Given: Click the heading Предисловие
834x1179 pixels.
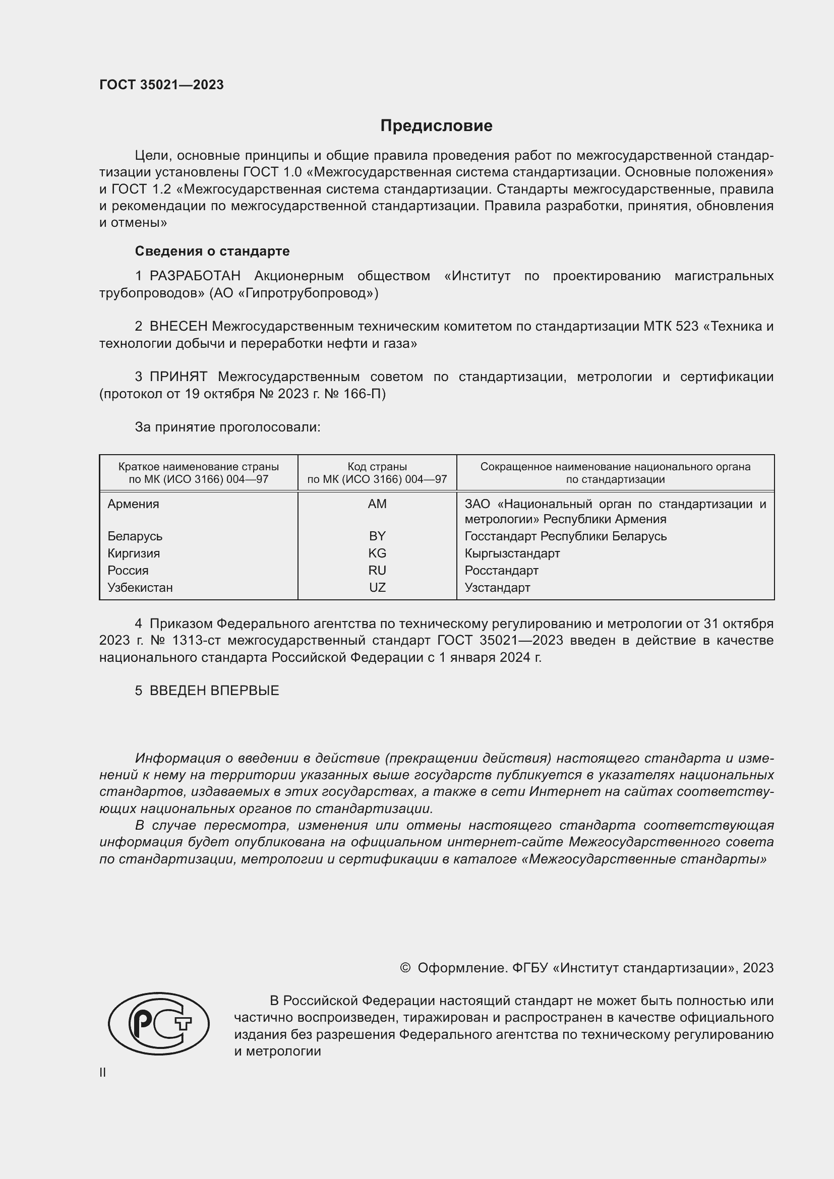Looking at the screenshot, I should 436,126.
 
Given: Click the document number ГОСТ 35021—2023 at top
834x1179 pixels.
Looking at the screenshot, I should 161,85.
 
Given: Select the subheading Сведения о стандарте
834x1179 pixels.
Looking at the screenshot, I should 212,251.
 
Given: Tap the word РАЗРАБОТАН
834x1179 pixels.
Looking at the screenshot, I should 195,276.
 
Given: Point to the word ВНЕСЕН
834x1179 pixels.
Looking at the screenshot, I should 178,327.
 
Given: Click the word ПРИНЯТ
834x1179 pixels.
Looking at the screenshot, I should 178,377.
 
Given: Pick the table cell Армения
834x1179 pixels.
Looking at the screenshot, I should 134,504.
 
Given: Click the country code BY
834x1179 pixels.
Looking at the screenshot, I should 377,536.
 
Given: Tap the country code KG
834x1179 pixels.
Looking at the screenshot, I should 377,553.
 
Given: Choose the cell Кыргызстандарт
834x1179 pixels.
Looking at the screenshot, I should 512,553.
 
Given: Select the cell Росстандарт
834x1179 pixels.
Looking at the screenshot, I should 501,571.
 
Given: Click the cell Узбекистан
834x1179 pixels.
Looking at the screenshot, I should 140,587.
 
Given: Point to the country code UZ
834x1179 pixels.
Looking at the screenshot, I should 377,587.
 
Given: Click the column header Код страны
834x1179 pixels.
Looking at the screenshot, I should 377,467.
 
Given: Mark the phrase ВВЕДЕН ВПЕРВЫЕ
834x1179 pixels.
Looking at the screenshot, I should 214,691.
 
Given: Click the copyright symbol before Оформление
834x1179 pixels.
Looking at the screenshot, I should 405,968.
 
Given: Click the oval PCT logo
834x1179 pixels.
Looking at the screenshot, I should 159,1024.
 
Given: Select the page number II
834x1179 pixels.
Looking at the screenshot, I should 103,1072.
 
